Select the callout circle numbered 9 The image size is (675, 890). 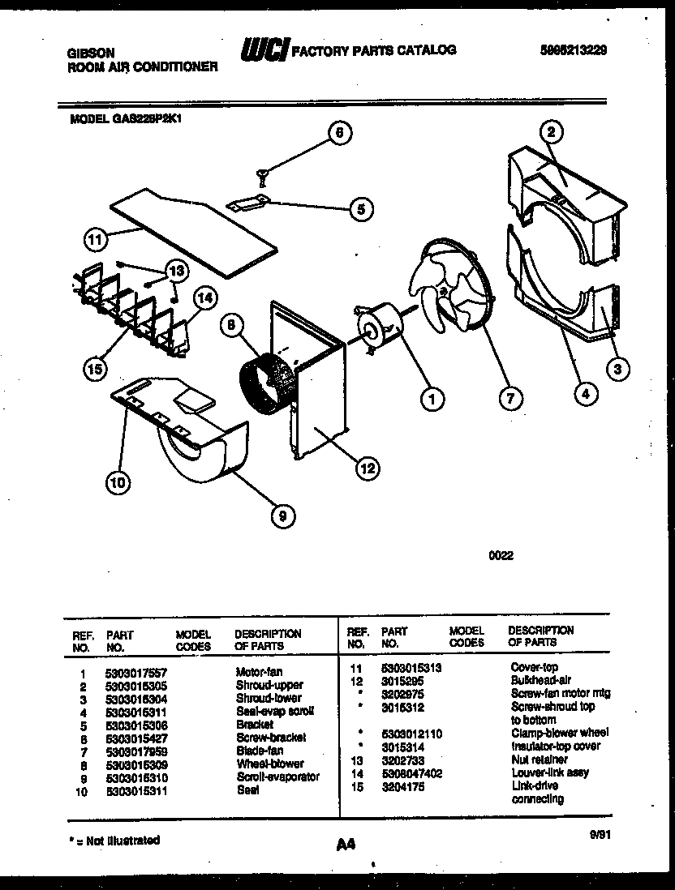(282, 515)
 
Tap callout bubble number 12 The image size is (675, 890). (367, 467)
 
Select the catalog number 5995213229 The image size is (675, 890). (574, 50)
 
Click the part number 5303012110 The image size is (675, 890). (412, 733)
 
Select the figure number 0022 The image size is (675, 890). (501, 556)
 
